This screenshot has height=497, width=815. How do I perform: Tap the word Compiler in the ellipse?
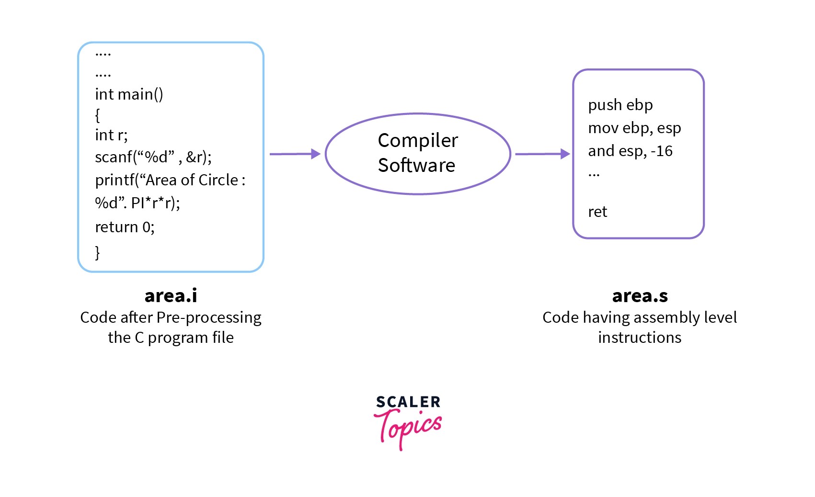[418, 141]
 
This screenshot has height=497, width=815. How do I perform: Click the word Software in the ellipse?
[416, 165]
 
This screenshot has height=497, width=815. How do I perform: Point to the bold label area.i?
[171, 296]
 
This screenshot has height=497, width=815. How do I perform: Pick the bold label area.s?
[640, 296]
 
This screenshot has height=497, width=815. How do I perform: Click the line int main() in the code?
[129, 94]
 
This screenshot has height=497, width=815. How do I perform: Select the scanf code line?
[153, 157]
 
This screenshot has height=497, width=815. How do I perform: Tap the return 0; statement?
[125, 227]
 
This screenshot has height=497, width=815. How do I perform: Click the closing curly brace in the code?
[98, 252]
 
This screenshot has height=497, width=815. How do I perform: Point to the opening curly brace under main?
[98, 115]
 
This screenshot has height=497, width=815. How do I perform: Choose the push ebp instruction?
[620, 105]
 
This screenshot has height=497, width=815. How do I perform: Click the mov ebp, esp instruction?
[634, 128]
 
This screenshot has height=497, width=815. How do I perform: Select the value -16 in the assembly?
[662, 151]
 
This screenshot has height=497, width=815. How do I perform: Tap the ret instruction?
[597, 212]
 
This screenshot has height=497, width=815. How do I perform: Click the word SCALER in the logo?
[408, 402]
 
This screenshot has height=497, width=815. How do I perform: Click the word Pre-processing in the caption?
[209, 317]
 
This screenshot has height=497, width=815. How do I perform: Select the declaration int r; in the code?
[111, 136]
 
